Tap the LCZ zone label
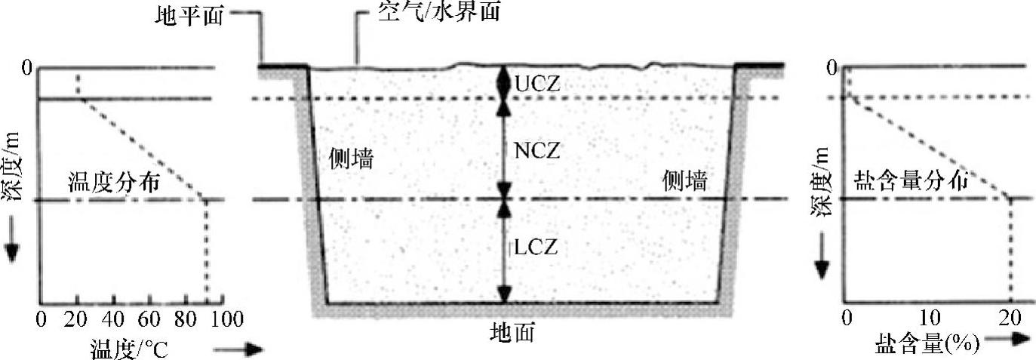538,247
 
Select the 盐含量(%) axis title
927,346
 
